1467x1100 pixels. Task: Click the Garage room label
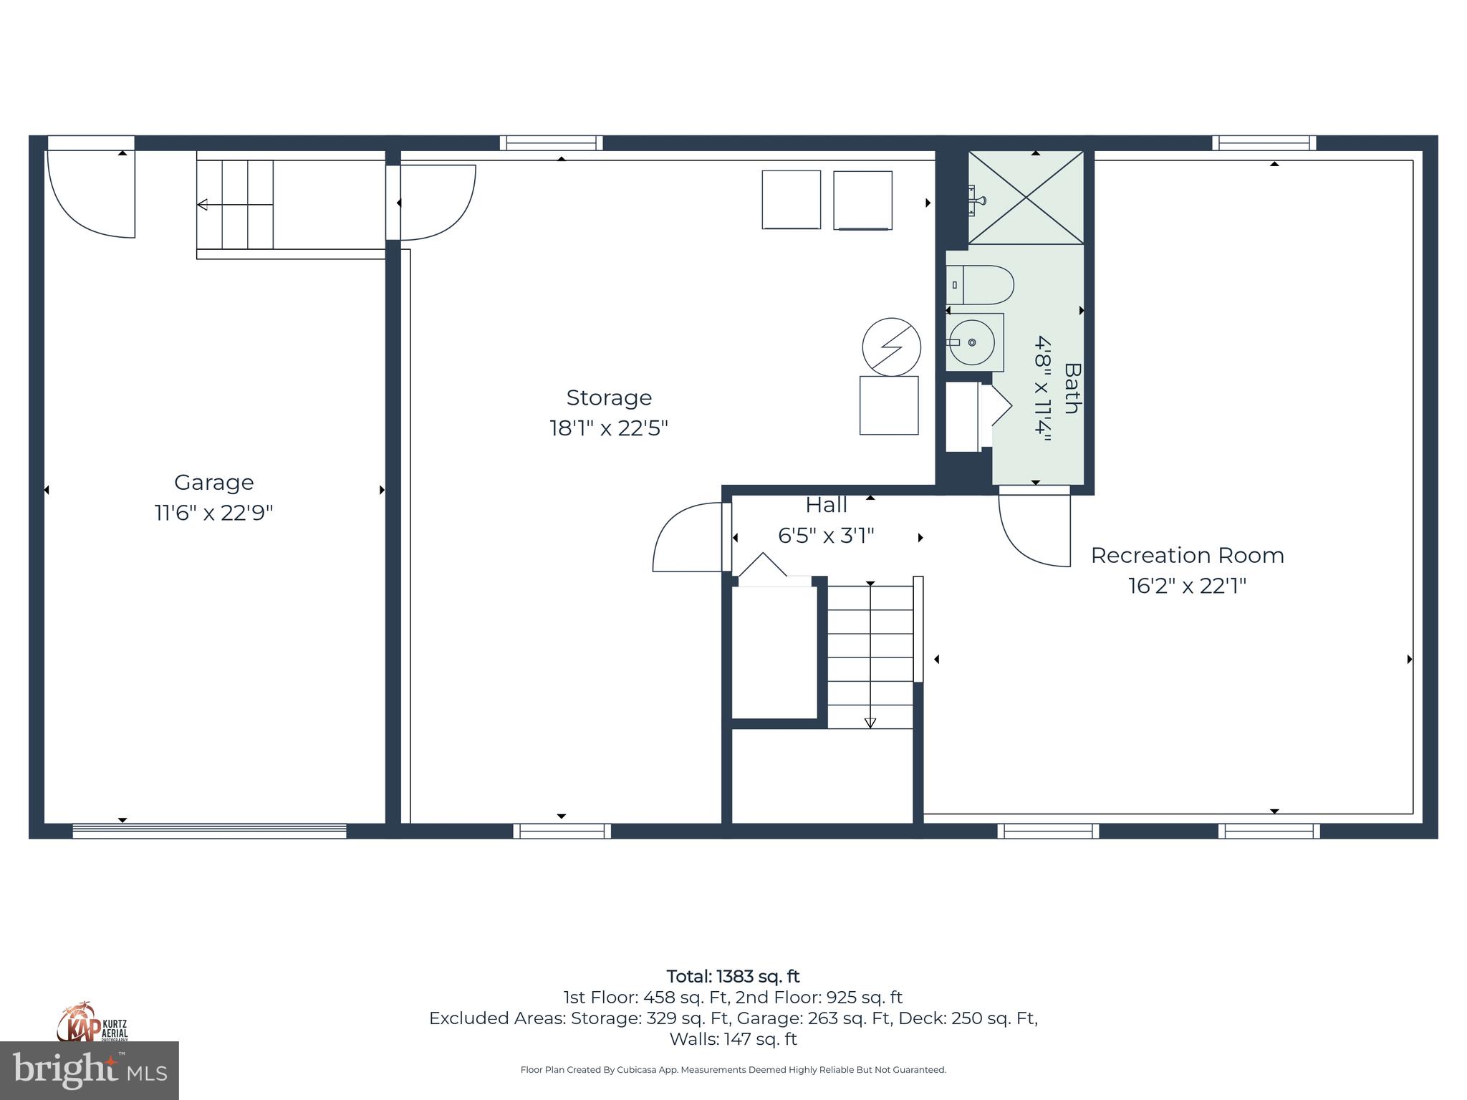[x=213, y=483]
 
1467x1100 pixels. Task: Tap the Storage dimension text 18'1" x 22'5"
[x=608, y=428]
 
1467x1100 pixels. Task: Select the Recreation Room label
[x=1187, y=556]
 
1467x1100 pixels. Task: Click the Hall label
[x=826, y=506]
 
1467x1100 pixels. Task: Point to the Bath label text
[x=1072, y=388]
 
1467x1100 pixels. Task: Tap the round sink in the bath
[x=971, y=342]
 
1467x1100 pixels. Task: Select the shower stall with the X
[x=1026, y=198]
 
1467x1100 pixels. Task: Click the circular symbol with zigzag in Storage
[x=891, y=347]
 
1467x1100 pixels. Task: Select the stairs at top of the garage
[x=236, y=205]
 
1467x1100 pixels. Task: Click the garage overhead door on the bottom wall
[x=209, y=831]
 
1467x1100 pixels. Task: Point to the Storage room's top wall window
[x=551, y=143]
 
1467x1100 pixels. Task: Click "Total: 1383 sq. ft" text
[x=733, y=977]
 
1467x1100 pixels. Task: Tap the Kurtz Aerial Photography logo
[x=92, y=1023]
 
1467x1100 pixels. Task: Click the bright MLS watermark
[x=90, y=1071]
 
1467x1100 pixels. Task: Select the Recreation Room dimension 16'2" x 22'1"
[x=1187, y=587]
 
